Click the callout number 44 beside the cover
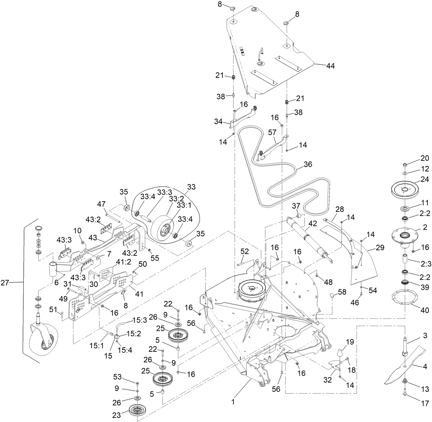coord(330,66)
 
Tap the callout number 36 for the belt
coord(308,164)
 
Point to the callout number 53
coord(117,377)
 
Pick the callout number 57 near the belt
coord(272,132)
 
